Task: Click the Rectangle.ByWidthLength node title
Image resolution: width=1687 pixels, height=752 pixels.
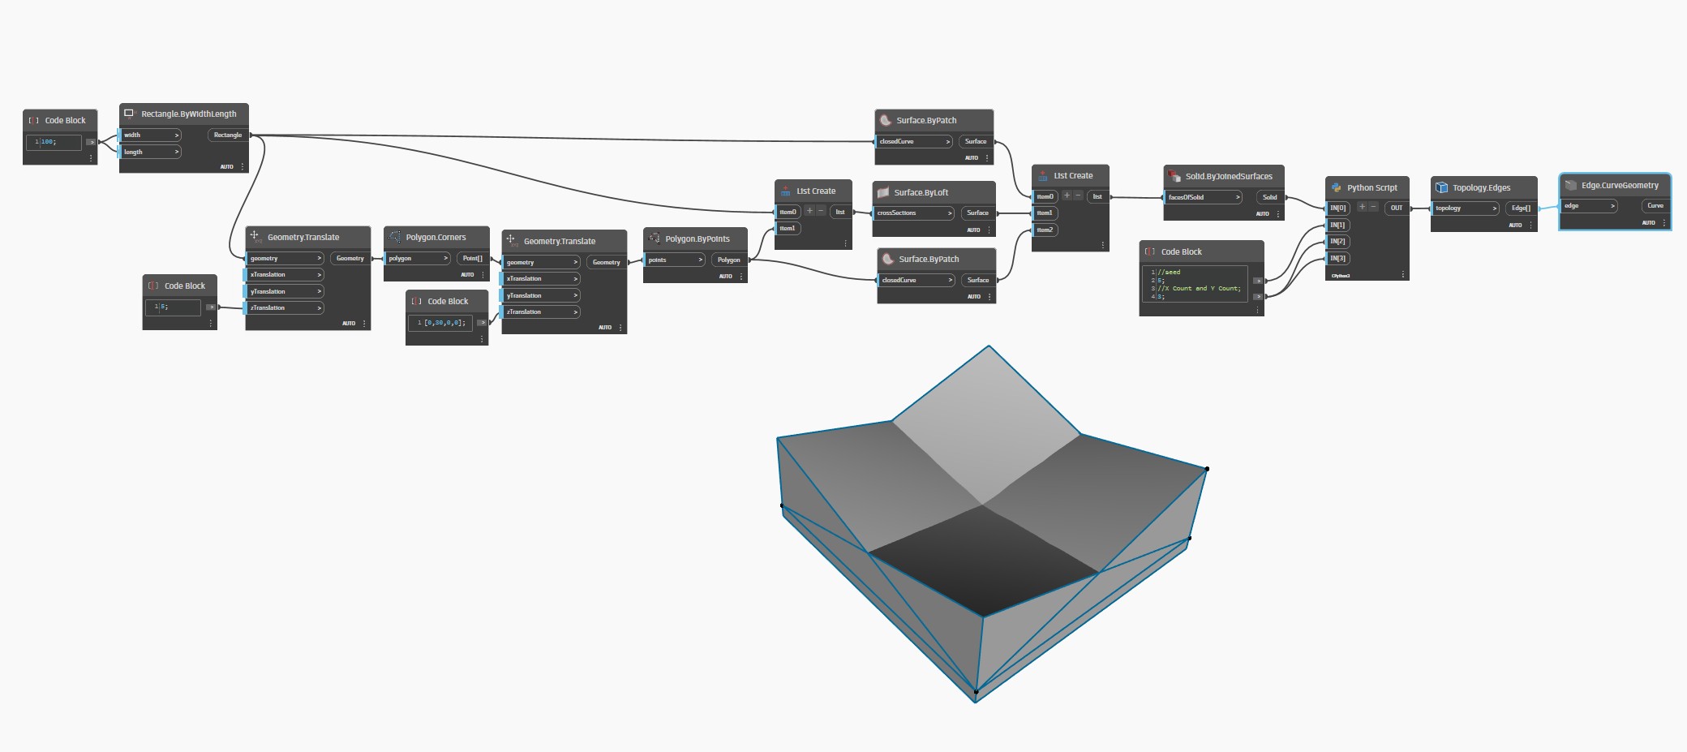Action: (x=188, y=114)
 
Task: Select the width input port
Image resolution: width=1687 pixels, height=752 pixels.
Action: (x=151, y=135)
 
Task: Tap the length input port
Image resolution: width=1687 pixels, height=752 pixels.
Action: (x=151, y=152)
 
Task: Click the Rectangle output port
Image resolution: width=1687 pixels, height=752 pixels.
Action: (x=228, y=135)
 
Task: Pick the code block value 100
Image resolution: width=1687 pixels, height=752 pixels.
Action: (x=48, y=142)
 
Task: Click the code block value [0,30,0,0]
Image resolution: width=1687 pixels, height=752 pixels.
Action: (x=444, y=323)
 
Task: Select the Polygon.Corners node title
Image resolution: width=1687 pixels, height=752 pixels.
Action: (x=436, y=238)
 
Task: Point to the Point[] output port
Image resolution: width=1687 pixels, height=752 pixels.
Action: (x=472, y=259)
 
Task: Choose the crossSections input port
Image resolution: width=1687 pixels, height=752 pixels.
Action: (x=913, y=213)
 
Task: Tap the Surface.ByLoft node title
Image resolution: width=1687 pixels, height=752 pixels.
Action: (x=921, y=193)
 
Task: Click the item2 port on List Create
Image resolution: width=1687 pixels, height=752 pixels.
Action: (x=1045, y=230)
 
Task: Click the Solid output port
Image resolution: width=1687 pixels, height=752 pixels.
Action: (x=1269, y=198)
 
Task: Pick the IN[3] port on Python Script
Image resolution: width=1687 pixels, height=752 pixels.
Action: (x=1338, y=259)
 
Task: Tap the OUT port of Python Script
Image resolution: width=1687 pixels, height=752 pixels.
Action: (x=1396, y=208)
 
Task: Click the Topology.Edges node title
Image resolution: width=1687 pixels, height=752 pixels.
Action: (x=1481, y=188)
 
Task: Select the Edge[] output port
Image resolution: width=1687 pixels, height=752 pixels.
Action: (x=1521, y=208)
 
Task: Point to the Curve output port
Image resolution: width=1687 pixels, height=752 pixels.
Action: (x=1655, y=206)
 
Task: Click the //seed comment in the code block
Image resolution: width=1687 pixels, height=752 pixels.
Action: (x=1172, y=273)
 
